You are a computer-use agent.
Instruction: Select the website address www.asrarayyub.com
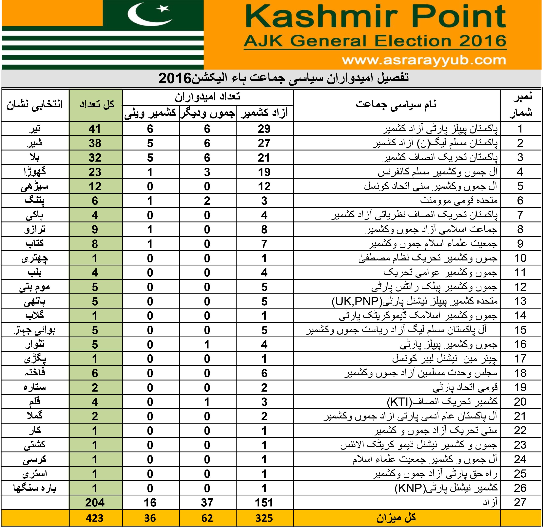pyautogui.click(x=423, y=60)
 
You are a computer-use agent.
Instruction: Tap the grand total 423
pyautogui.click(x=95, y=518)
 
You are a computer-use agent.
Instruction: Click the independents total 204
pyautogui.click(x=95, y=503)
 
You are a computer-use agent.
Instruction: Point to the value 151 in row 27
pyautogui.click(x=264, y=503)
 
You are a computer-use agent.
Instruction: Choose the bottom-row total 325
pyautogui.click(x=264, y=518)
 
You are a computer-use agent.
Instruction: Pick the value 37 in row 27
pyautogui.click(x=207, y=503)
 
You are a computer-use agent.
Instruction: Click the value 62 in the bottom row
pyautogui.click(x=207, y=518)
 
